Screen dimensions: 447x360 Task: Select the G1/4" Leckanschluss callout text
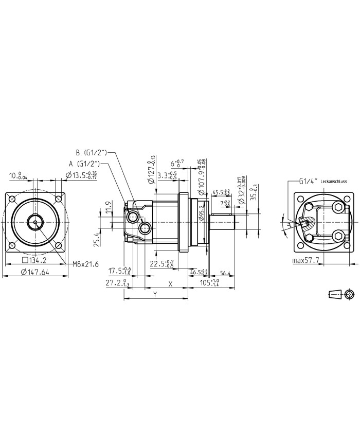[318, 182]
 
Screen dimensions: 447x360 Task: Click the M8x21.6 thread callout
[84, 264]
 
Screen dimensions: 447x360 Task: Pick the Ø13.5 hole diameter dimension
[82, 175]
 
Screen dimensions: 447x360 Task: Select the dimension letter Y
[155, 295]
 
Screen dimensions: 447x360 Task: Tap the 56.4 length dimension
[225, 273]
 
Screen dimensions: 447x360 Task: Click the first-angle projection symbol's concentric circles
[349, 294]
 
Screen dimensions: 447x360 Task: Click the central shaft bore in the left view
[34, 222]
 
